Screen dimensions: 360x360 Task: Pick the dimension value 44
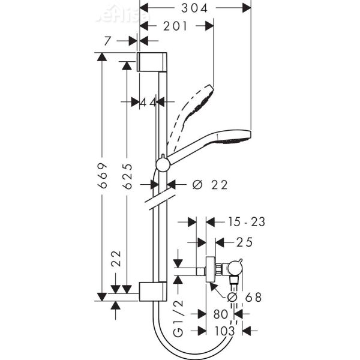coord(148,103)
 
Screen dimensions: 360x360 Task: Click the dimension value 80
coord(220,313)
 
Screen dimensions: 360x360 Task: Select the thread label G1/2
coord(178,322)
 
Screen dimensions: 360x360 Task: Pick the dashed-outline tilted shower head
coord(198,102)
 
